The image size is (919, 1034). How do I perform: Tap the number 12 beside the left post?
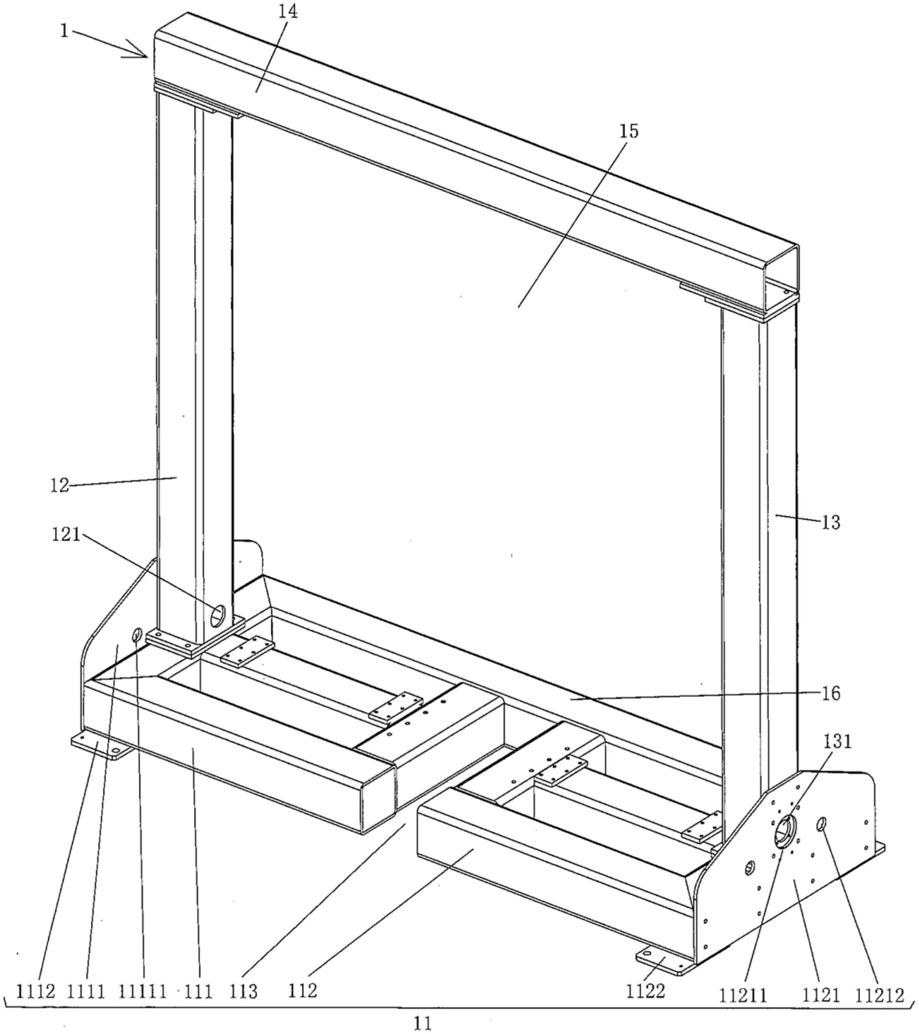click(60, 486)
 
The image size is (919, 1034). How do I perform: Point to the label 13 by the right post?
click(831, 522)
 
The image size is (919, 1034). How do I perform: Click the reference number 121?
click(66, 534)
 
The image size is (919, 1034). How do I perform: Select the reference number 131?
click(837, 742)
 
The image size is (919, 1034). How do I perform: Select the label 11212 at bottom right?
click(879, 996)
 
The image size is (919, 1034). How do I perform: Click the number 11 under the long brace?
click(423, 1024)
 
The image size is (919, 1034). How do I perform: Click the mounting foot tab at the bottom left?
click(101, 748)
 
